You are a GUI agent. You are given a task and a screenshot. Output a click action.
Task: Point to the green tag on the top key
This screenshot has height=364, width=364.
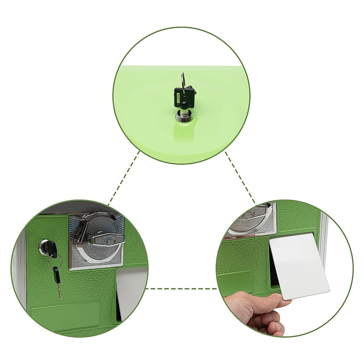[178, 98]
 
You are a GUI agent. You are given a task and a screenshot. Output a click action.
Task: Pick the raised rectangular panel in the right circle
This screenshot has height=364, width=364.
[235, 281]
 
